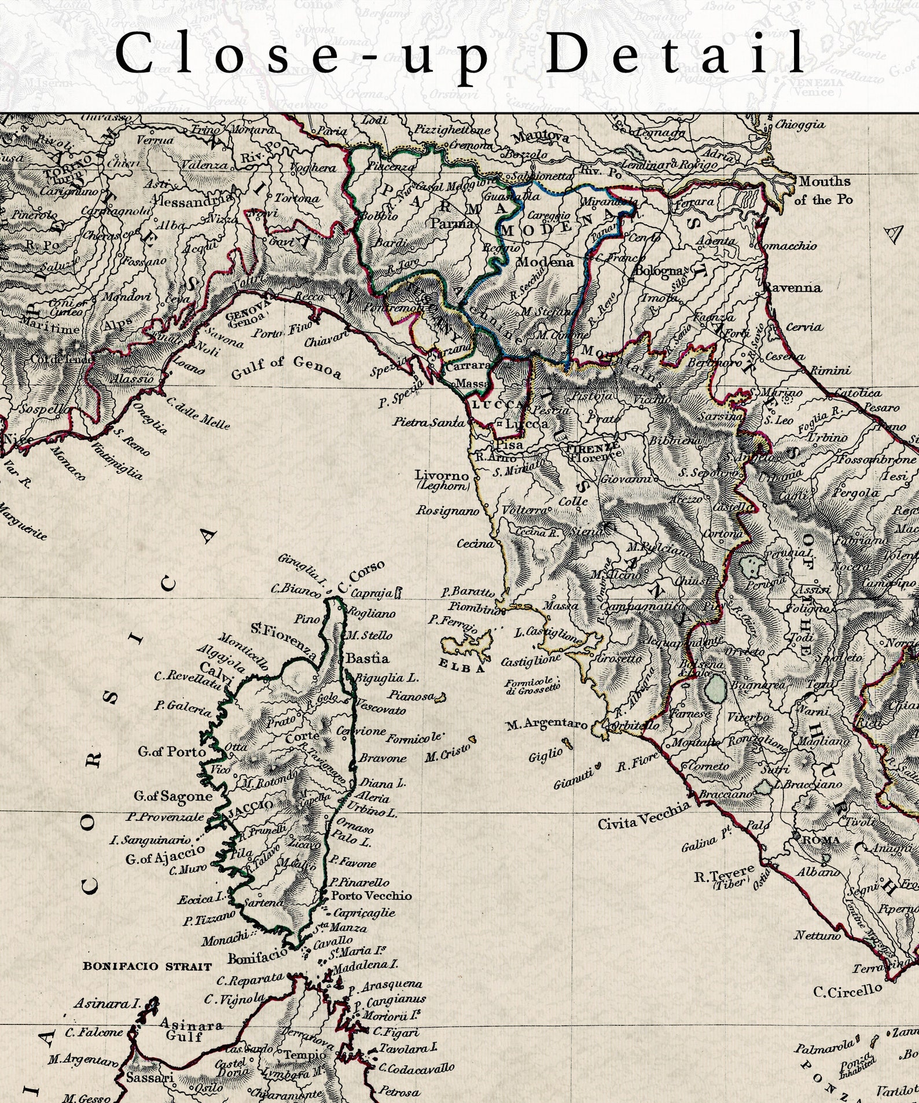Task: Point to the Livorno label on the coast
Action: pos(442,476)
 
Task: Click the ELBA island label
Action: pos(461,667)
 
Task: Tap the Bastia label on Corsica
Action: pos(367,659)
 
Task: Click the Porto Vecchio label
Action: pos(371,895)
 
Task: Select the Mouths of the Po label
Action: pos(824,190)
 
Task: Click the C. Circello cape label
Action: pos(847,991)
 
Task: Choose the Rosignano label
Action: pos(447,510)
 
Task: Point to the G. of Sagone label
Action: pos(173,796)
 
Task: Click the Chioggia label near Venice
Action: pos(800,124)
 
